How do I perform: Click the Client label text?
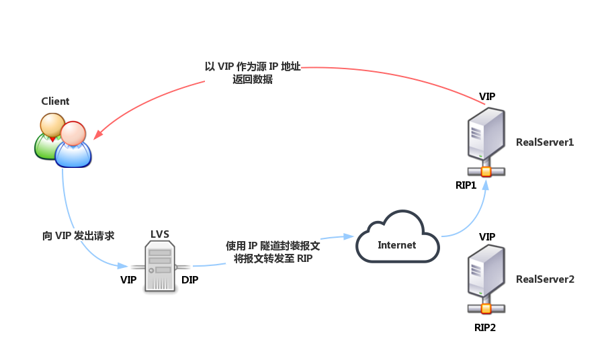pos(55,101)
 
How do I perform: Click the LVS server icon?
pos(160,267)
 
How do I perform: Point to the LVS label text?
pos(160,234)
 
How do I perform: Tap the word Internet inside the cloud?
pos(397,245)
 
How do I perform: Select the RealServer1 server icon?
pos(486,141)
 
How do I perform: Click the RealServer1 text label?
pos(545,142)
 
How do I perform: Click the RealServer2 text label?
pos(545,279)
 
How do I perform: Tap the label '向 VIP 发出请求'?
pos(79,236)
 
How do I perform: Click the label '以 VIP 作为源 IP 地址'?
pos(253,66)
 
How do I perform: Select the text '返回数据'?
pos(253,79)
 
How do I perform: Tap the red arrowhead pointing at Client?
pos(97,135)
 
